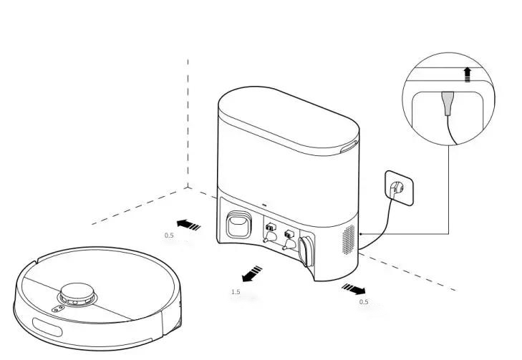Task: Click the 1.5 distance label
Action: [x=236, y=292]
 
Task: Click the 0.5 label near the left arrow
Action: [x=169, y=235]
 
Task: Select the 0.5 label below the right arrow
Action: [x=364, y=302]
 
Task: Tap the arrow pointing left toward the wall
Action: [x=188, y=225]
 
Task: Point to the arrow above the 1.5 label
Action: [x=251, y=273]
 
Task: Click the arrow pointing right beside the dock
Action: [x=354, y=288]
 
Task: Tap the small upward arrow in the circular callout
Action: [x=467, y=74]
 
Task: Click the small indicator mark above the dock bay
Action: [x=264, y=203]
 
